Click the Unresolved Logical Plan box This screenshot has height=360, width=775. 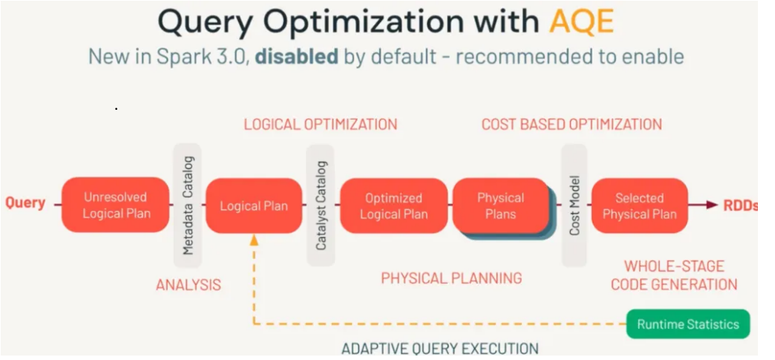pos(116,205)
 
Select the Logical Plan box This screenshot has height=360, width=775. pos(253,206)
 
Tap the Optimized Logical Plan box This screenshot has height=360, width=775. pos(393,206)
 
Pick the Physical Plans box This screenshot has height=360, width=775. pos(500,206)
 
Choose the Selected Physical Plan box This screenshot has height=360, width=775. pos(639,206)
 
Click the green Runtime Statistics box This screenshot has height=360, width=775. pos(688,324)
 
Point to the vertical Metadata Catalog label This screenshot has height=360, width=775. pos(188,206)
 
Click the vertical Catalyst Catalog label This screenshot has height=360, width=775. pos(321,206)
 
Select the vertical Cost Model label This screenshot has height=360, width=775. pos(574,206)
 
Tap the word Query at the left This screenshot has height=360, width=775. pos(25,203)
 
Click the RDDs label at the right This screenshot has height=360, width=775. pos(740,206)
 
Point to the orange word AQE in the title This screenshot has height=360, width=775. pos(581,22)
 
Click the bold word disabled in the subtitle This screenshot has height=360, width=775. pos(296,56)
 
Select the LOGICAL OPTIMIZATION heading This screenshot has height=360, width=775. pos(320,124)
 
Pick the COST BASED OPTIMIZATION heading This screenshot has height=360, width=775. pos(571,124)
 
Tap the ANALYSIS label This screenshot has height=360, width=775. pos(188,284)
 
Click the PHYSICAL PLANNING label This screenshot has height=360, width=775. pos(451,278)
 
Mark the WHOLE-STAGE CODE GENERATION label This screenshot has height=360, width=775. pos(673,275)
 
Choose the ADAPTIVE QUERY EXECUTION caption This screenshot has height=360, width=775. pos(439,348)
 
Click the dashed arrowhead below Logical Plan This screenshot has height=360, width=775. pos(254,240)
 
